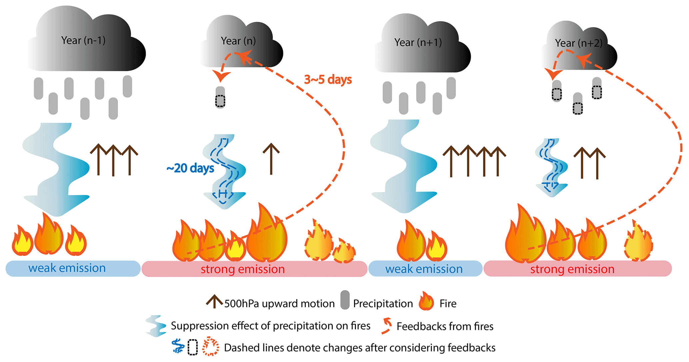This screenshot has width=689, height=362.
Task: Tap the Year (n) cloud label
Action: coord(238,41)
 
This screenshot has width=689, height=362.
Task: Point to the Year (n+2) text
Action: coord(579,43)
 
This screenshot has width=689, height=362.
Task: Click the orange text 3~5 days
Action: coord(328,80)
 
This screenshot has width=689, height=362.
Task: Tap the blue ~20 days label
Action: coord(190,168)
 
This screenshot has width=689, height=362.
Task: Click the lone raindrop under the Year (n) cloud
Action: coord(220,97)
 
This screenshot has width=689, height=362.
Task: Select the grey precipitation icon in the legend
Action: coord(345,300)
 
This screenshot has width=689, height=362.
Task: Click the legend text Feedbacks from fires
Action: coord(445,326)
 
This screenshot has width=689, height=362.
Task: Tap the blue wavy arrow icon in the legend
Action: coord(156,326)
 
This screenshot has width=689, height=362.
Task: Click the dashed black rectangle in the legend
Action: coord(193,347)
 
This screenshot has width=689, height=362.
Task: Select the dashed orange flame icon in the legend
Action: coord(211,347)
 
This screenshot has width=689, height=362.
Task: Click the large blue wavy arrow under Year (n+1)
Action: coord(405,167)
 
